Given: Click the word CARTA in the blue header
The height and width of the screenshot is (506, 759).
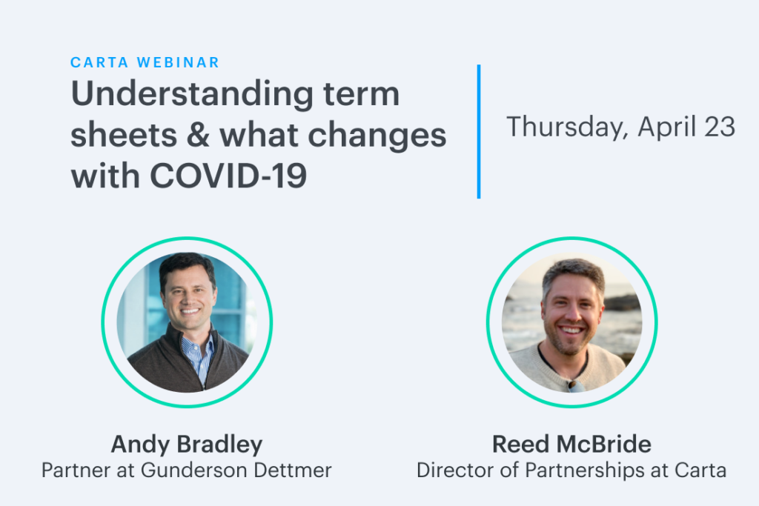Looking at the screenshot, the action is [x=99, y=62].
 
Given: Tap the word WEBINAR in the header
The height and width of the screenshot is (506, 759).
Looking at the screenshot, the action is [x=178, y=62].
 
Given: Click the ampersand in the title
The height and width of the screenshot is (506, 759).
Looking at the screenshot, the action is [x=198, y=135].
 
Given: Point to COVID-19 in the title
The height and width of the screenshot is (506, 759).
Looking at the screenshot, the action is [x=228, y=176].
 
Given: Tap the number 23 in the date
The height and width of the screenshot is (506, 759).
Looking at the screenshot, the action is [x=720, y=127].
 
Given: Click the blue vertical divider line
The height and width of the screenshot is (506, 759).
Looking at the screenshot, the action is [x=479, y=132].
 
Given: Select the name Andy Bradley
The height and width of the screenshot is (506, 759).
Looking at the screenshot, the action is [x=187, y=445].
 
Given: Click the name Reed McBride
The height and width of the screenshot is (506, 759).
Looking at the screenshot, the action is [x=571, y=444].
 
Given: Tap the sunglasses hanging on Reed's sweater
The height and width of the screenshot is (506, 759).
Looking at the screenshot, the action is [x=576, y=385].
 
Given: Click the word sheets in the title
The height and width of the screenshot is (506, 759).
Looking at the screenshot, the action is [x=124, y=135].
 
